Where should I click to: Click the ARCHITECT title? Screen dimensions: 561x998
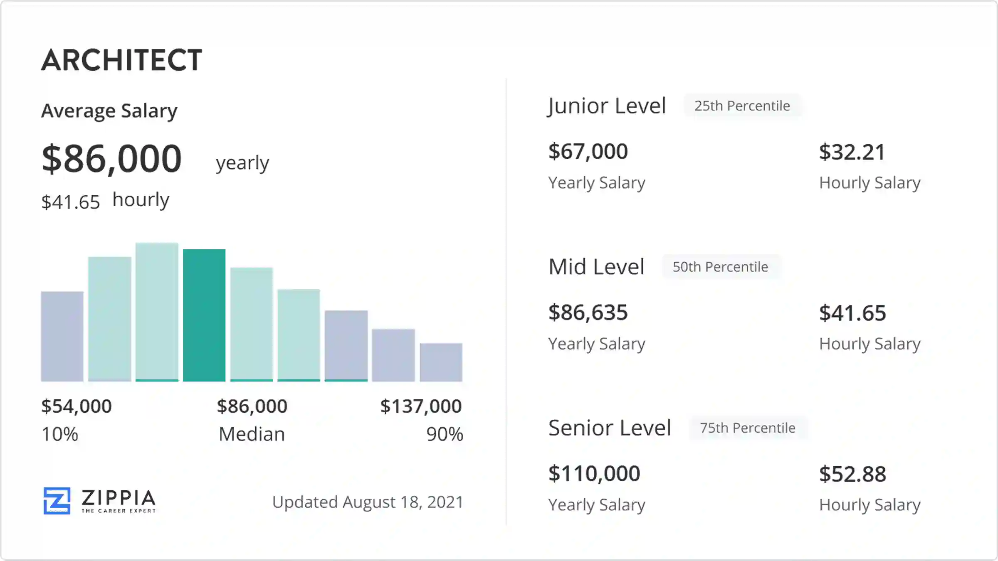(x=121, y=60)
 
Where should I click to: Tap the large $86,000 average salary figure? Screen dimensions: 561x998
(x=111, y=159)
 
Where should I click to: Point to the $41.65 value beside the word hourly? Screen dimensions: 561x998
(x=71, y=202)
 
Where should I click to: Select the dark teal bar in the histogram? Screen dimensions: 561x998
(x=204, y=315)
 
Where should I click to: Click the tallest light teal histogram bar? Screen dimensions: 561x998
(x=157, y=312)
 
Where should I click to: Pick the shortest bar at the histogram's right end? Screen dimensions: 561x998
(x=441, y=362)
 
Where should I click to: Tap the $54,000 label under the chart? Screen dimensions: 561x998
(x=77, y=406)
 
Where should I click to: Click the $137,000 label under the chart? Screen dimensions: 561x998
(x=421, y=406)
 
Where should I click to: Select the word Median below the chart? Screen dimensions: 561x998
(x=252, y=434)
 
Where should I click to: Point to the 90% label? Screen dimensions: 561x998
(x=445, y=434)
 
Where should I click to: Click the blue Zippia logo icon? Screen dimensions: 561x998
(x=57, y=501)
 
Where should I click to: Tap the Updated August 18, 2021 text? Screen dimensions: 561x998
(x=368, y=502)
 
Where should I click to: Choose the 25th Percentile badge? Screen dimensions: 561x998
(x=742, y=106)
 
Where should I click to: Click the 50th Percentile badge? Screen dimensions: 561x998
(x=720, y=267)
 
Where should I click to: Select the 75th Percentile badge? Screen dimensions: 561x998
(x=748, y=428)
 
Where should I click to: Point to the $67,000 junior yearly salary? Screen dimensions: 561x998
(x=588, y=151)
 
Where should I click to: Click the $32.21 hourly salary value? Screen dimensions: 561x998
(x=852, y=152)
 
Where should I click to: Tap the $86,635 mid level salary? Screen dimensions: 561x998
(x=588, y=312)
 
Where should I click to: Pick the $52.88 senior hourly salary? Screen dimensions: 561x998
(x=852, y=474)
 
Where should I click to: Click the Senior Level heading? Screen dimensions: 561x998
(x=610, y=428)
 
